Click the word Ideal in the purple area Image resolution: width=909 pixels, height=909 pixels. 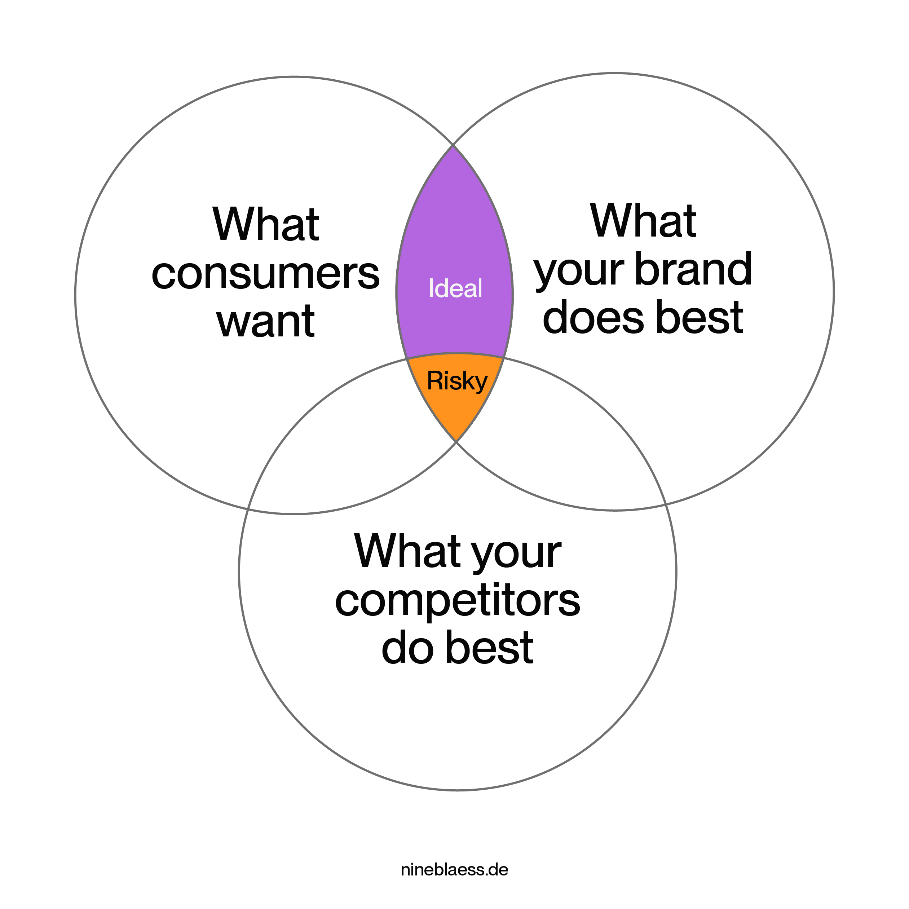455,288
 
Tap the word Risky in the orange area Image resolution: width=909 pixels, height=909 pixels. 456,381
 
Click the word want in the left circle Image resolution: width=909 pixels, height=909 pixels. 266,322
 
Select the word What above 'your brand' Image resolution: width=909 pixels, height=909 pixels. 643,221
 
